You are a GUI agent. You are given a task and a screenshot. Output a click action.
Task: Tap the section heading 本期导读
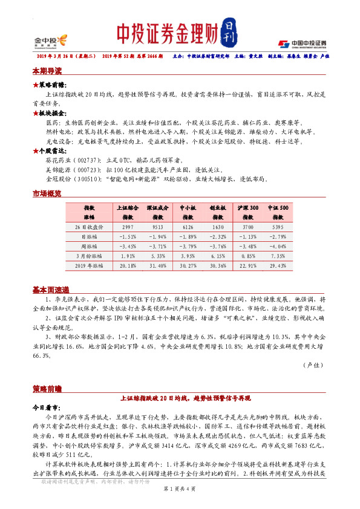coord(48,71)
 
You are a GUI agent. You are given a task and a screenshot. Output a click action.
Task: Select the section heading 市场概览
coord(48,193)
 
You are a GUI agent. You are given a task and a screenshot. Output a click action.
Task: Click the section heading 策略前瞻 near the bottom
coord(48,386)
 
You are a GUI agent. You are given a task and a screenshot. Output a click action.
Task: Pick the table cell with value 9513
coord(157,226)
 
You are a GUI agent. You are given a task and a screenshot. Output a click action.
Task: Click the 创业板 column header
coord(218,207)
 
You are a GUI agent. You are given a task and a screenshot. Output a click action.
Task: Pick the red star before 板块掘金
coord(35,113)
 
